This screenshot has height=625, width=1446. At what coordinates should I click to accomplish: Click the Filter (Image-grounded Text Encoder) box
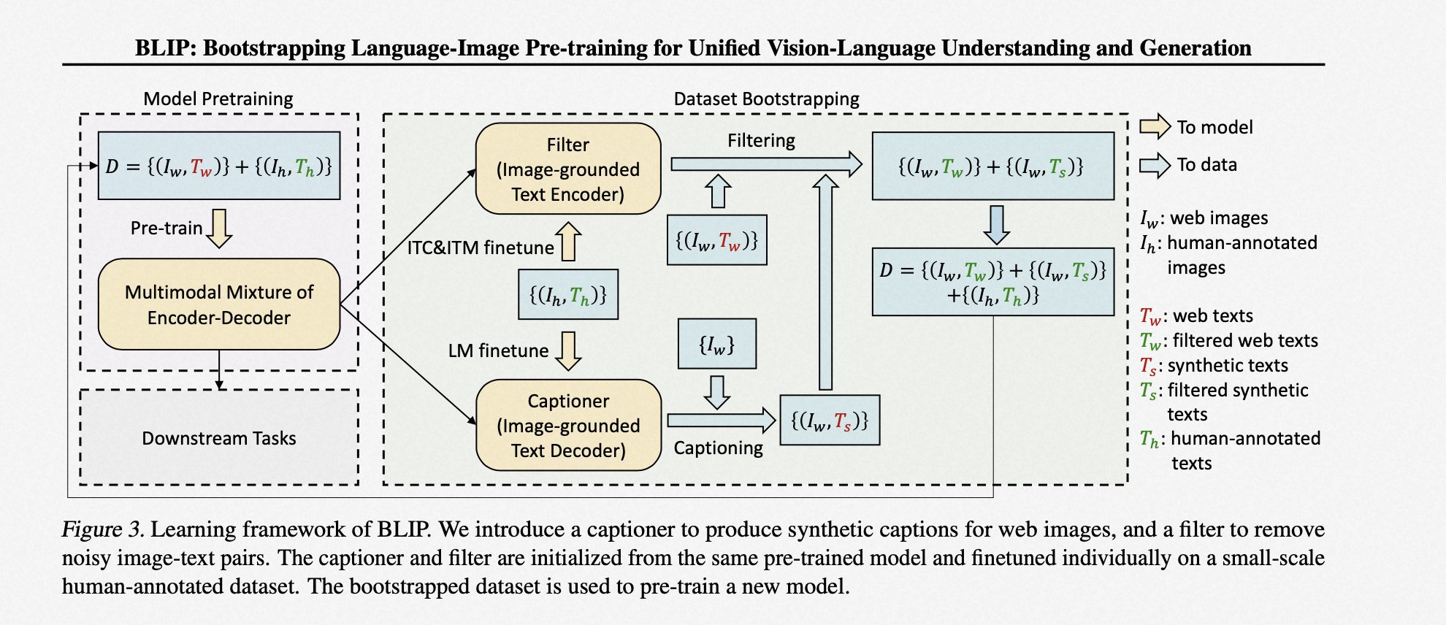click(568, 169)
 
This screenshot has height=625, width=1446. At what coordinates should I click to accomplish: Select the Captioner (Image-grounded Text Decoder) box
click(568, 425)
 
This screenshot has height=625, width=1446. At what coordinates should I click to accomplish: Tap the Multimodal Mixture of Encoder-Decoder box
click(219, 304)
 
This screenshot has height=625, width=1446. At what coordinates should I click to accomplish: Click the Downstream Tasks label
click(219, 438)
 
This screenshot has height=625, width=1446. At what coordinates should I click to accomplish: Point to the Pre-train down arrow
click(219, 229)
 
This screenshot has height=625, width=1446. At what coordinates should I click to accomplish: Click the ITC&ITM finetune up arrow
click(569, 242)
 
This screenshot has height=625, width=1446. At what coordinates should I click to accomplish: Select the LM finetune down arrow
click(569, 351)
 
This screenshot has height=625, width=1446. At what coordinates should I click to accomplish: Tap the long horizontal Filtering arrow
click(766, 164)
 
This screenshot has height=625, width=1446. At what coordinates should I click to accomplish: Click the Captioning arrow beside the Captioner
click(721, 421)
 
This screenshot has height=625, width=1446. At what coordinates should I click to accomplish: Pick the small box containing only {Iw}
click(717, 343)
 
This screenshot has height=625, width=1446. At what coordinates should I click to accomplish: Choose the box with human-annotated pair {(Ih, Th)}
click(568, 294)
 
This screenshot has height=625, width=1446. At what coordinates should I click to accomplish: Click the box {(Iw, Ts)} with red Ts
click(830, 421)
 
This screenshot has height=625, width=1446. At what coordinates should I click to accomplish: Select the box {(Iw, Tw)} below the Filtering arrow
click(717, 239)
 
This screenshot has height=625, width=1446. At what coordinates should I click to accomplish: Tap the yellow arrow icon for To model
click(1155, 126)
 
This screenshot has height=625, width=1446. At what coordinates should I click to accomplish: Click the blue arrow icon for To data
click(1155, 164)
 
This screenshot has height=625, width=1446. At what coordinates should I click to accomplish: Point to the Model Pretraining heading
click(218, 99)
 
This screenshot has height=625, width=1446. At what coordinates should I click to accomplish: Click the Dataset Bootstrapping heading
click(767, 99)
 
